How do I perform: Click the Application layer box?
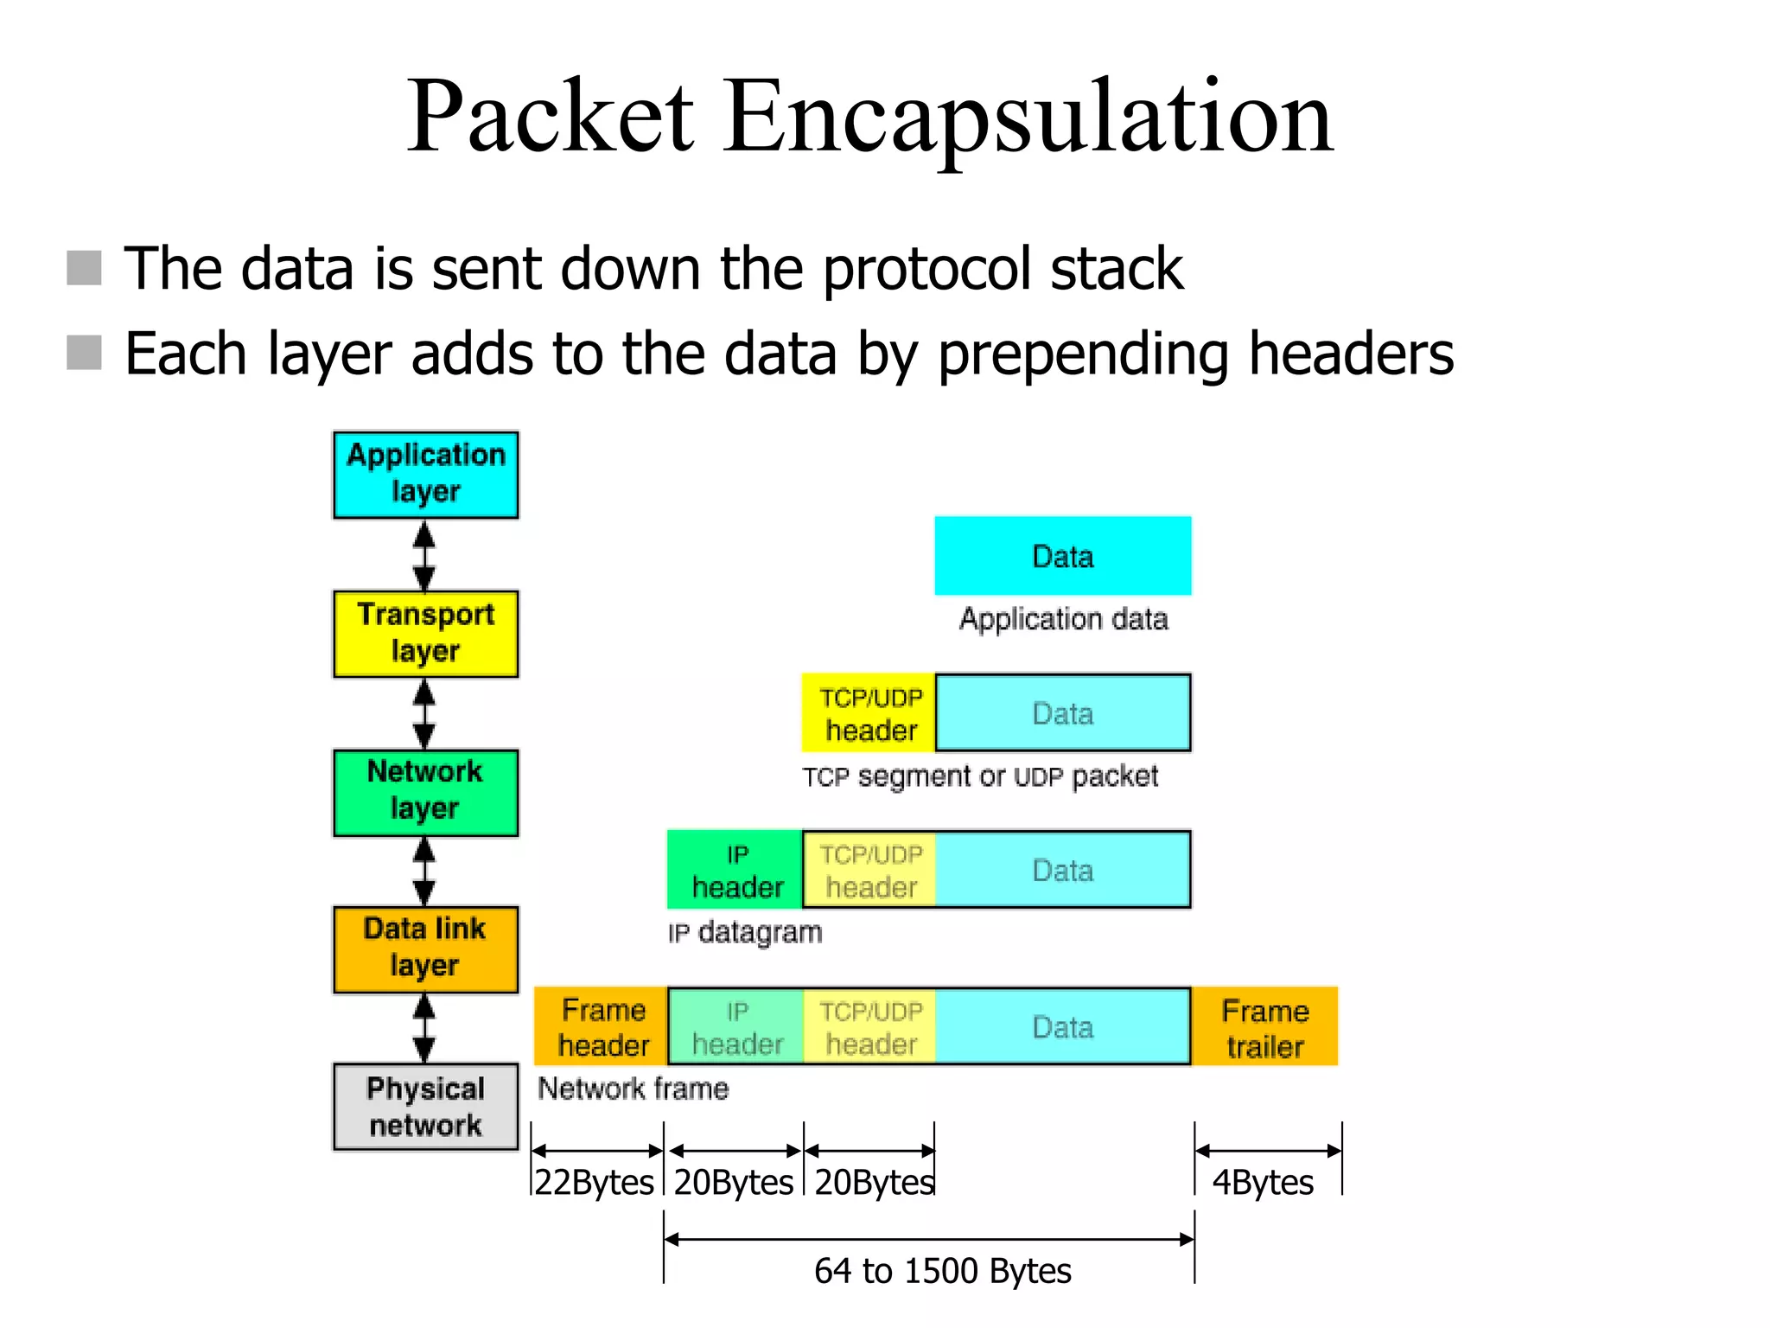click(425, 475)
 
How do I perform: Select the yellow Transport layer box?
click(425, 634)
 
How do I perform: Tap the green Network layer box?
click(425, 792)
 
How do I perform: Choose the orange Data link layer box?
click(425, 949)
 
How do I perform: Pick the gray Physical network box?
click(425, 1107)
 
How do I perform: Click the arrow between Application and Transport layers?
click(423, 555)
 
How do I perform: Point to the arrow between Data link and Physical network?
click(423, 1028)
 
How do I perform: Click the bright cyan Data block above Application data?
click(1062, 556)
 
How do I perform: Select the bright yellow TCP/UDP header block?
click(869, 713)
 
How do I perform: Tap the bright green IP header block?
click(735, 870)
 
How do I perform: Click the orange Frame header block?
click(602, 1027)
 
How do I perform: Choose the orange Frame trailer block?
click(1264, 1027)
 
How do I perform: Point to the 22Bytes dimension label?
click(595, 1182)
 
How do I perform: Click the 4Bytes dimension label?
click(1263, 1182)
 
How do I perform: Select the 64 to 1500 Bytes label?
click(942, 1271)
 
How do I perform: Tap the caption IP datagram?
click(745, 933)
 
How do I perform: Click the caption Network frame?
click(634, 1089)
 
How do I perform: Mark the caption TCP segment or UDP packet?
click(979, 776)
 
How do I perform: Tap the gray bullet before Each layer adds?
click(84, 353)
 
